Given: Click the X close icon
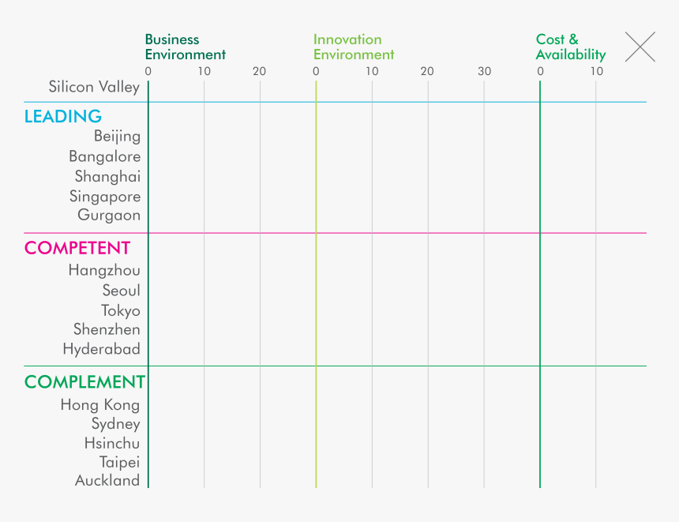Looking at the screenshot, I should (640, 47).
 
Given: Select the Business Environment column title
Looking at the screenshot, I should (185, 47).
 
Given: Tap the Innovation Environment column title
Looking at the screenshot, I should (353, 47).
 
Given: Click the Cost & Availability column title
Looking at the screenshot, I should (570, 47).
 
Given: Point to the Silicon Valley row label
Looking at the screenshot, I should (94, 87).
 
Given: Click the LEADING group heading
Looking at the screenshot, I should (63, 117).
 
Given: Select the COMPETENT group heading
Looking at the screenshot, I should (77, 248).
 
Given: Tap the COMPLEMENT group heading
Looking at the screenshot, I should (84, 382).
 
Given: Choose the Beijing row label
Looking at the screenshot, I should (117, 137).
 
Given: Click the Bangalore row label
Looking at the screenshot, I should (104, 156).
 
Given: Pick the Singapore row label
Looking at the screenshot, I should (105, 197).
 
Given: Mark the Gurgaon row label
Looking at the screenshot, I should (109, 215).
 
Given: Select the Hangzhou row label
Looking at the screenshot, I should (104, 270).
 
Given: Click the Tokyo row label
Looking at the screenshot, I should (121, 310).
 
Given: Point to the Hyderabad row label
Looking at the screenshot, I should (102, 349).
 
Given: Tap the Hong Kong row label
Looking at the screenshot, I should (100, 405).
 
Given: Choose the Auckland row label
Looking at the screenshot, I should (107, 480).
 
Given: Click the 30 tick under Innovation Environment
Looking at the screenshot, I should (484, 72).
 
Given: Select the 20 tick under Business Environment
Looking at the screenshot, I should (259, 72).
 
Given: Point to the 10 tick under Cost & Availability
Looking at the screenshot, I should (596, 72).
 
